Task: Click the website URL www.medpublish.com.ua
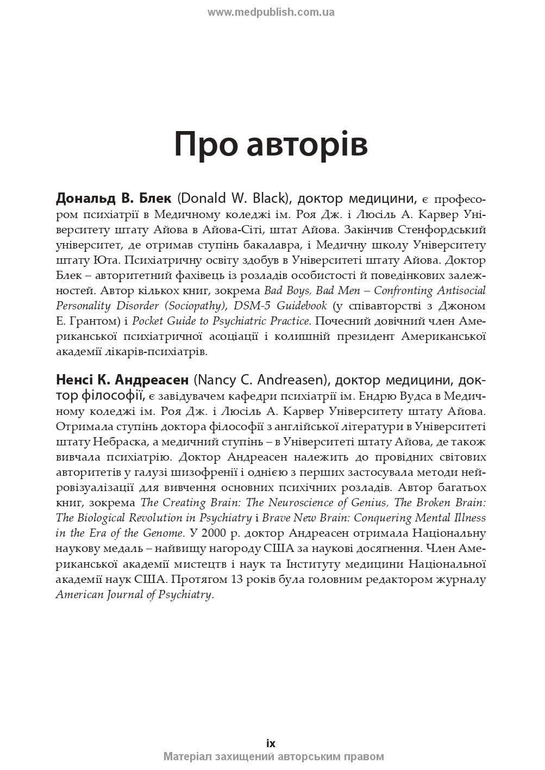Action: [271, 12]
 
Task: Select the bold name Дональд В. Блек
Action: [114, 198]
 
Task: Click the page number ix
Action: [271, 743]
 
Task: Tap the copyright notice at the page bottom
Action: [273, 756]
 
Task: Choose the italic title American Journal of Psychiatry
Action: [134, 594]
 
